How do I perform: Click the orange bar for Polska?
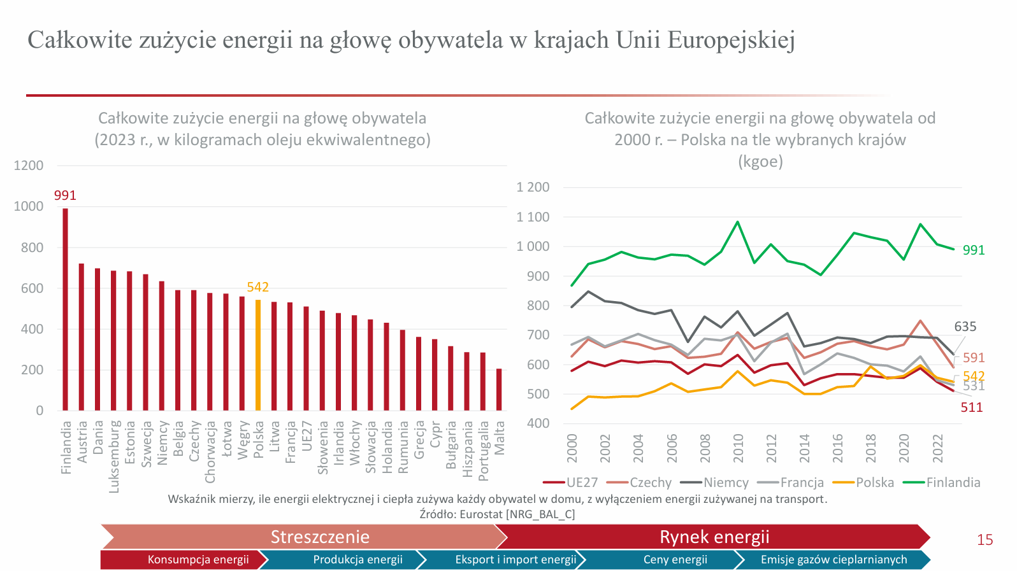point(258,355)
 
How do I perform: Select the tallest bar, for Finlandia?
point(65,309)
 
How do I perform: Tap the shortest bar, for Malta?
point(499,390)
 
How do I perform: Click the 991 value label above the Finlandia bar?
point(65,195)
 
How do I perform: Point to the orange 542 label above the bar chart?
point(258,287)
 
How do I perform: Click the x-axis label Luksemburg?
point(114,456)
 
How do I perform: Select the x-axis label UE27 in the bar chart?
point(307,436)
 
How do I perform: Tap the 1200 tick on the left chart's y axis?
point(29,166)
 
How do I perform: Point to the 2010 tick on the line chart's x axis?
point(739,448)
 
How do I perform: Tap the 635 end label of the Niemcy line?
point(965,327)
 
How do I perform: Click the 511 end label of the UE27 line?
point(972,407)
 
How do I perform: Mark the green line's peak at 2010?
point(738,222)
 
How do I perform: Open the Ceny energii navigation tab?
point(675,560)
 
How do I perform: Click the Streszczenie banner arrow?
point(320,537)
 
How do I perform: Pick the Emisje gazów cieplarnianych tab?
point(833,560)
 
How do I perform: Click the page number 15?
point(985,540)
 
